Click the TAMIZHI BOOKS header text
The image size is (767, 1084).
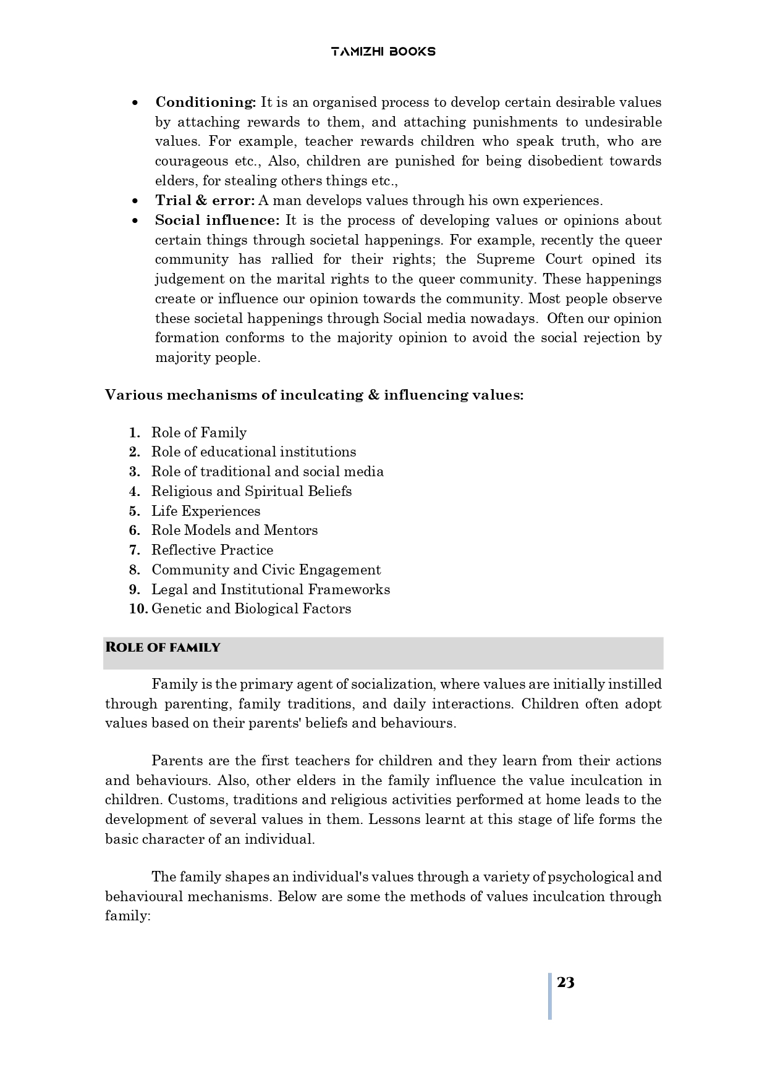click(x=383, y=52)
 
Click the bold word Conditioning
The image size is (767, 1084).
click(x=205, y=103)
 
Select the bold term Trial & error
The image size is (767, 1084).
click(x=205, y=201)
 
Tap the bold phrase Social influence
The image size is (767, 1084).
click(x=217, y=221)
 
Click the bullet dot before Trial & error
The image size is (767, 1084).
click(x=135, y=201)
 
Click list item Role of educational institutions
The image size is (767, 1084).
click(x=253, y=452)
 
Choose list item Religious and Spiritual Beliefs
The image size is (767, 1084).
click(x=252, y=492)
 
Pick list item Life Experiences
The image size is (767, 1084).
click(x=206, y=511)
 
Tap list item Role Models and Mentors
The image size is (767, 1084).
click(x=234, y=531)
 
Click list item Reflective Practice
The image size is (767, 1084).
click(x=212, y=550)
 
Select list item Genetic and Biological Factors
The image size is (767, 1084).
click(x=251, y=609)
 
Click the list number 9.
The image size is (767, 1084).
click(x=134, y=590)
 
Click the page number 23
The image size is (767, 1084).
click(x=566, y=983)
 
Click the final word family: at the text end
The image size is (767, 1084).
click(x=128, y=917)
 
